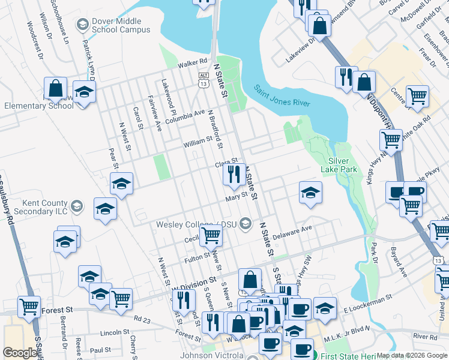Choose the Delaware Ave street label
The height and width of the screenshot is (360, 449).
coord(293,233)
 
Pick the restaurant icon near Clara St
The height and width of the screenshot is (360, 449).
coord(233,174)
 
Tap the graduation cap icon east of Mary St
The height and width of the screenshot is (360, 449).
coord(310,193)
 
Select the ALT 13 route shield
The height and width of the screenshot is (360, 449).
coord(204,80)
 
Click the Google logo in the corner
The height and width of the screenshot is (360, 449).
coord(20,352)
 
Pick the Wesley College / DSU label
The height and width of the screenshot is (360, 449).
coord(197,224)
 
